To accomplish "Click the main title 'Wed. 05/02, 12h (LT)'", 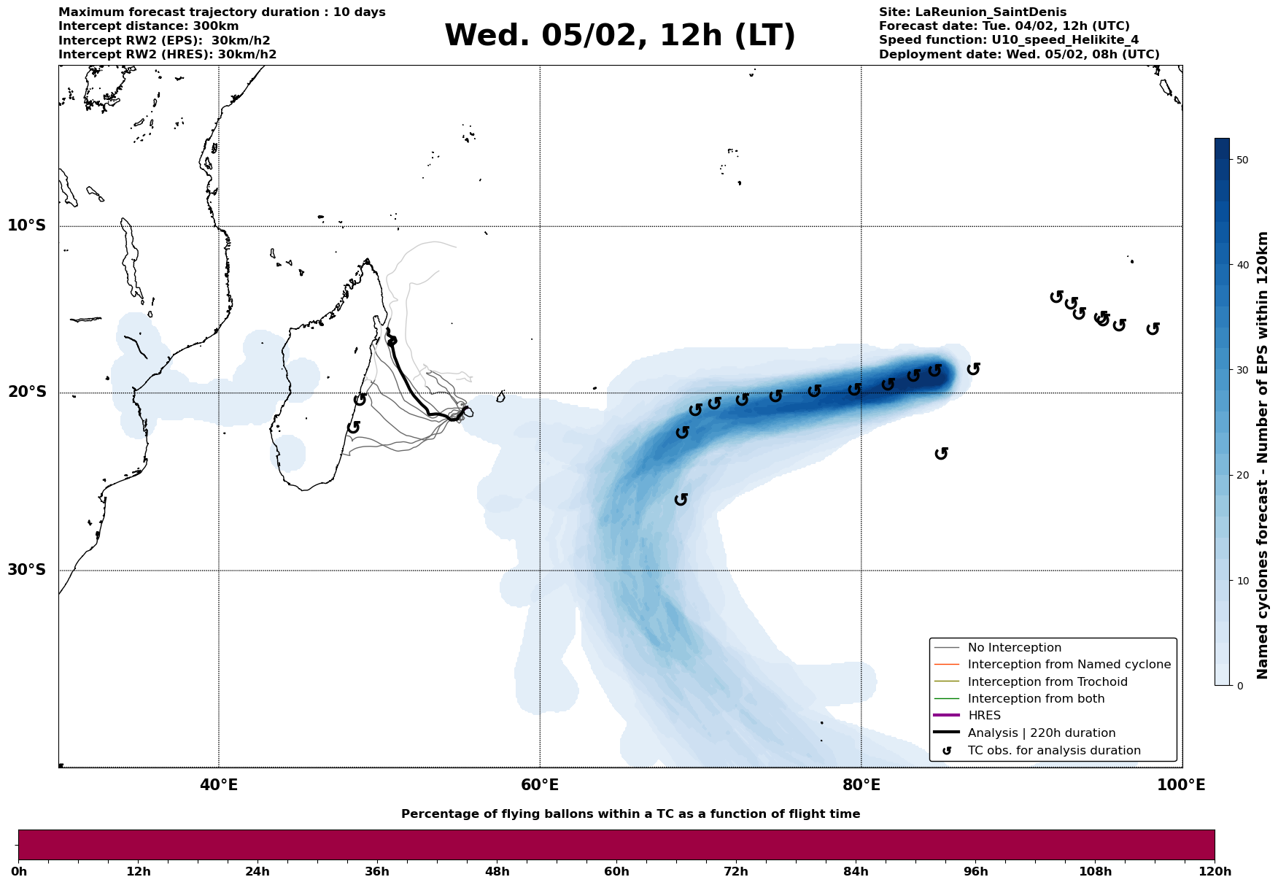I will pyautogui.click(x=619, y=36).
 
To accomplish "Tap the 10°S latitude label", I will pyautogui.click(x=27, y=225).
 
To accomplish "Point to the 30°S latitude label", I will pyautogui.click(x=27, y=570).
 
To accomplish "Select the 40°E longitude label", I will pyautogui.click(x=219, y=785).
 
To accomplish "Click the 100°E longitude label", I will pyautogui.click(x=1182, y=785).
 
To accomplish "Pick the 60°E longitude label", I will pyautogui.click(x=540, y=785).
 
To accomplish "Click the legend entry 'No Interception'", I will pyautogui.click(x=1014, y=648).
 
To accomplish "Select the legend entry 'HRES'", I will pyautogui.click(x=984, y=716).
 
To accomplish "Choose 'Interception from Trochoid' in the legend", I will pyautogui.click(x=1047, y=682).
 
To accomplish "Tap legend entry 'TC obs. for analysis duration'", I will pyautogui.click(x=1054, y=750).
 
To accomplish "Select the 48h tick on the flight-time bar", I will pyautogui.click(x=497, y=871).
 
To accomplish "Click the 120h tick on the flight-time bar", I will pyautogui.click(x=1215, y=871).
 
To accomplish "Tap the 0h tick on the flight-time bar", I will pyautogui.click(x=19, y=871).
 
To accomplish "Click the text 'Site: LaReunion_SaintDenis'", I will pyautogui.click(x=972, y=12).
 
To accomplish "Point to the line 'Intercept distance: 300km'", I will pyautogui.click(x=148, y=26).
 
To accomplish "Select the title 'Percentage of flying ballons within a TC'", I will pyautogui.click(x=630, y=814).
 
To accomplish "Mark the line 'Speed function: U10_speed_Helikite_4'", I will pyautogui.click(x=1008, y=40).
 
